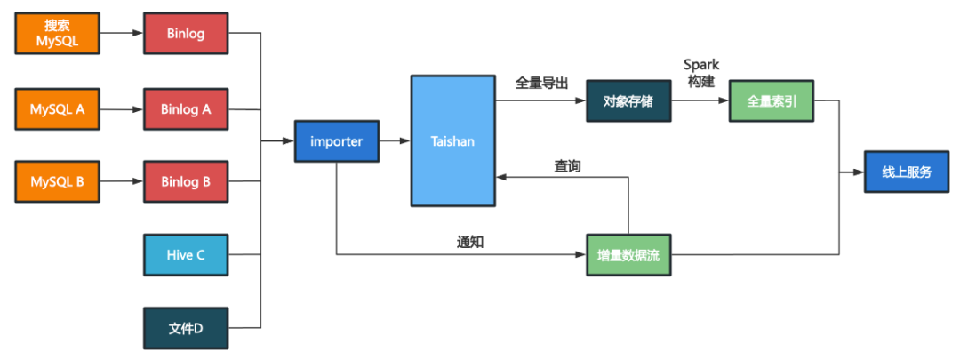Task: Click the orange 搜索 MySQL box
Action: click(58, 34)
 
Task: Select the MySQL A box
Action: click(58, 110)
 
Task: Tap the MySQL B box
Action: click(58, 182)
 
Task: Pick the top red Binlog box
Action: click(186, 34)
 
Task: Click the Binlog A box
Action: click(186, 110)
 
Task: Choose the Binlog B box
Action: click(186, 182)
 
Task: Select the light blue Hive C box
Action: click(186, 255)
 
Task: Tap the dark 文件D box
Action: click(186, 328)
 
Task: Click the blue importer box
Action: click(337, 141)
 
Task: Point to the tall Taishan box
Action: click(452, 140)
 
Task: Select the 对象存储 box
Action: click(628, 100)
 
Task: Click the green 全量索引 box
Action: click(771, 100)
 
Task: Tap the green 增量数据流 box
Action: click(628, 255)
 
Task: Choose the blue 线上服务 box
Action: click(907, 172)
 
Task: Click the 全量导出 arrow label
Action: click(542, 83)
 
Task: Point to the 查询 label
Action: click(567, 166)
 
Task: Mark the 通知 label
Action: click(470, 243)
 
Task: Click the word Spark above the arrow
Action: click(701, 65)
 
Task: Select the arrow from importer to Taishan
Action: click(395, 141)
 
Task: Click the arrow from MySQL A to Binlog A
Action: click(121, 110)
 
